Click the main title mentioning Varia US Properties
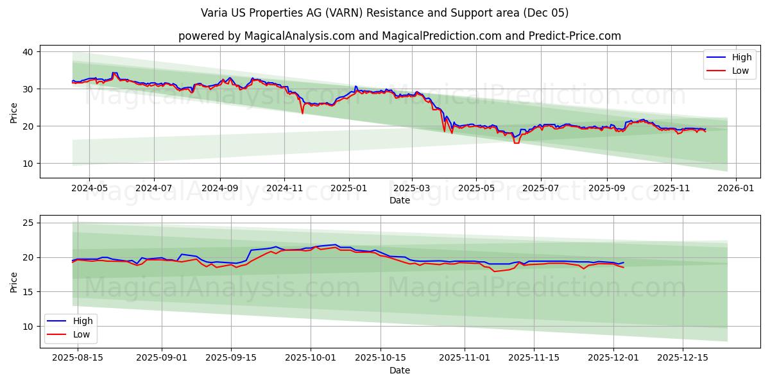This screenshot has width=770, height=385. [x=384, y=13]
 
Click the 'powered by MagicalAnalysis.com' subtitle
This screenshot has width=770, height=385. [x=399, y=36]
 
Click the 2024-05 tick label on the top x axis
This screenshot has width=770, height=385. [x=89, y=189]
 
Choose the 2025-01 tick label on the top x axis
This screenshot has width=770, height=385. [x=349, y=189]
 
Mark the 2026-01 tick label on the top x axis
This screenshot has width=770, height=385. [x=735, y=189]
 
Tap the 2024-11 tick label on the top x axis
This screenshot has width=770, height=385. [x=284, y=189]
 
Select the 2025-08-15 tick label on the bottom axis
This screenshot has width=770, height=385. [x=77, y=357]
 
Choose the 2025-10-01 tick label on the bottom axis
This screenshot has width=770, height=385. [x=311, y=357]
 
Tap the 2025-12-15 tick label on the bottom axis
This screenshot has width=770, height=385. [x=683, y=357]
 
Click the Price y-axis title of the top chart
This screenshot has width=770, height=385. [x=14, y=112]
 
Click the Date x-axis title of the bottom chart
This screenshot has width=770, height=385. [x=399, y=370]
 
